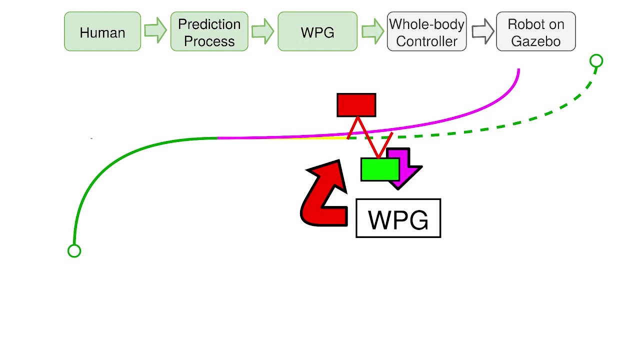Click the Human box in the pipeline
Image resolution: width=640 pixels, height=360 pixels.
tap(102, 32)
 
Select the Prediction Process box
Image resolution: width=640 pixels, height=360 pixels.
tap(209, 32)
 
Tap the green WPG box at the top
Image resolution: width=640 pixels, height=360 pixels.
tap(317, 32)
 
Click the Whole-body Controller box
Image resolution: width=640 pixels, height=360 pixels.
tap(426, 32)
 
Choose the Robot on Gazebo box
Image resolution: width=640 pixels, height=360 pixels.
tap(535, 32)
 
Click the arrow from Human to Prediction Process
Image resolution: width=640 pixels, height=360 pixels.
tap(155, 30)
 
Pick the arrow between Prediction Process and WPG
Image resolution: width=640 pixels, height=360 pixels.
tap(262, 31)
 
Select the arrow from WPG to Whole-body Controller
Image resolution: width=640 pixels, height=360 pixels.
tap(372, 31)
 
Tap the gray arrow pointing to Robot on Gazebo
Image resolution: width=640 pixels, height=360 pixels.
tap(482, 31)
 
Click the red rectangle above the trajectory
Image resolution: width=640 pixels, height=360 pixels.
tap(356, 105)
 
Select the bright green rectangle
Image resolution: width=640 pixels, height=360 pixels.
tap(379, 169)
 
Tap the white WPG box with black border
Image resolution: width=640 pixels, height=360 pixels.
tap(398, 218)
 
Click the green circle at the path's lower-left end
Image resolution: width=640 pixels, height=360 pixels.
tap(74, 251)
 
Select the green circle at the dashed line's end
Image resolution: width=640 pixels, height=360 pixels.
tap(596, 61)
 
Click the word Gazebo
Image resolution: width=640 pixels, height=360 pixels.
tap(535, 41)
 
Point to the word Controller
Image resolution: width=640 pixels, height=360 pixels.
tap(426, 41)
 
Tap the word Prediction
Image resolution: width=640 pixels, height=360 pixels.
tap(209, 24)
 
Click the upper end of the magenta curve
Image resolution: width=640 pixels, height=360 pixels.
tap(518, 70)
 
